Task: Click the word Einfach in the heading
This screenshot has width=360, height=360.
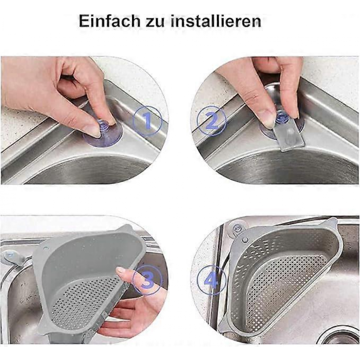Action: (109, 21)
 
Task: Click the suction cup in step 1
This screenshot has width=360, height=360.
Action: (103, 133)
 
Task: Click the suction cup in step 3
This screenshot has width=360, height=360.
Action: (10, 256)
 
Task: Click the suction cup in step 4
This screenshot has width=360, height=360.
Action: (236, 228)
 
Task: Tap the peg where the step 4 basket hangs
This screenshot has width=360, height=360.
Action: (245, 240)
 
